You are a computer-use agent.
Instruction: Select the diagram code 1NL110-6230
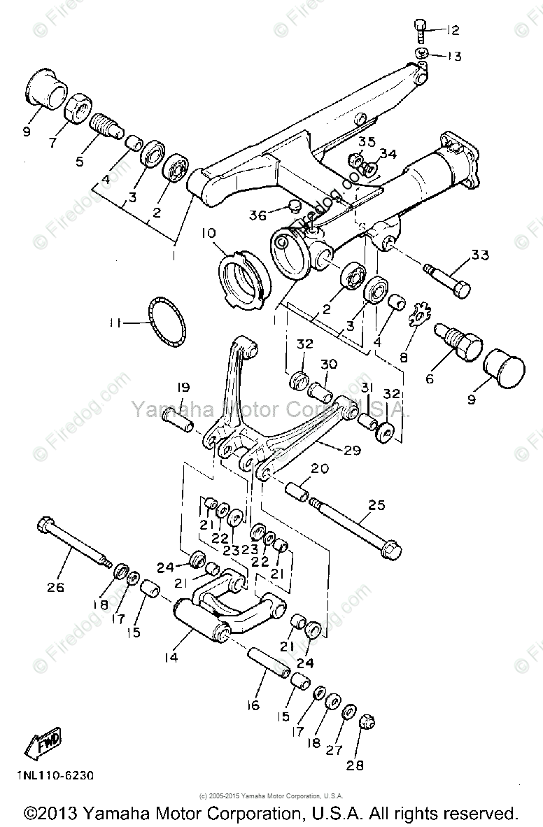coord(52,776)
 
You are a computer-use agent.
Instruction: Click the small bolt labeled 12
coord(418,29)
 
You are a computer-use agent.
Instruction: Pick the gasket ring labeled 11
coord(166,321)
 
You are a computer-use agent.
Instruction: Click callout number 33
coord(480,255)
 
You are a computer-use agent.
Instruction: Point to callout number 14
coord(171,658)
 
